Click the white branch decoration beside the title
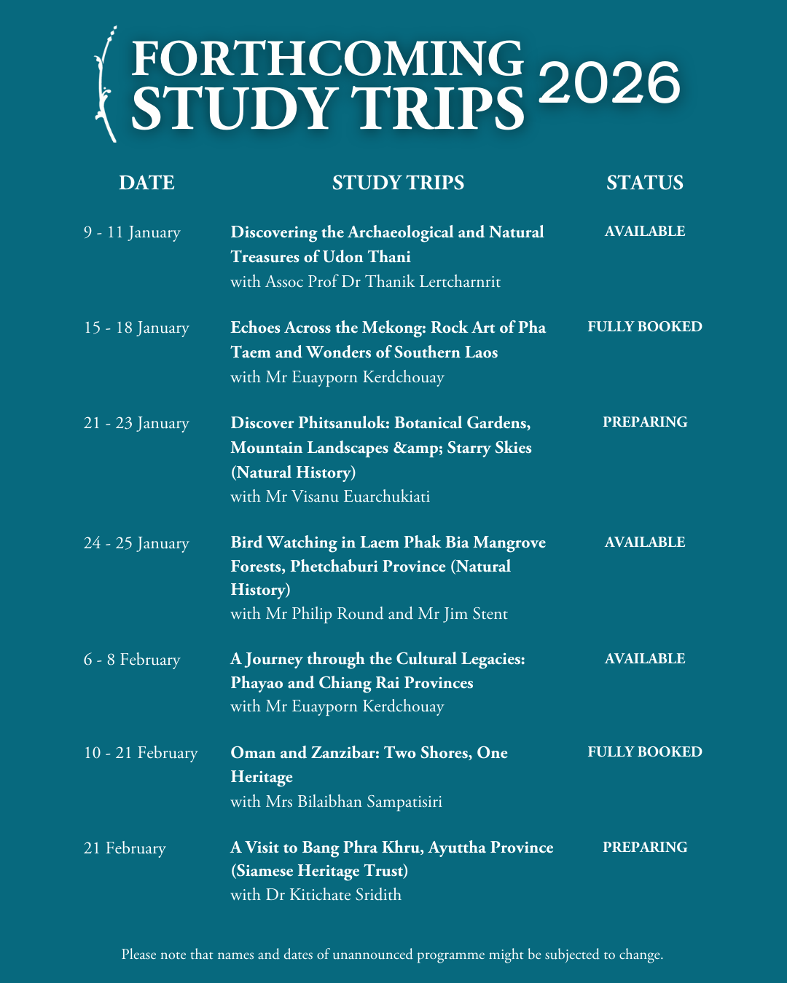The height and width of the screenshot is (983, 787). point(106,84)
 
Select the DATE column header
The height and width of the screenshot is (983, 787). point(146,182)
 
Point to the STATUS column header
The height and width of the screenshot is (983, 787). point(645,182)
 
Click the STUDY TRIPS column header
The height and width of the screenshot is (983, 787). point(398,182)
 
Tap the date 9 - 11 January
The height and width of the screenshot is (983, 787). point(132,232)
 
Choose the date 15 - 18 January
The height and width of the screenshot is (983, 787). point(136,328)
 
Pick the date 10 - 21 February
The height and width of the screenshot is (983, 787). point(141,753)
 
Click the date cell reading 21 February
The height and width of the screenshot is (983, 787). point(125,848)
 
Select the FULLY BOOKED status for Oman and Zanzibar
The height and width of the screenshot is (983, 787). point(645,752)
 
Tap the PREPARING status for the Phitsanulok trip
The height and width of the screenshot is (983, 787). point(645,422)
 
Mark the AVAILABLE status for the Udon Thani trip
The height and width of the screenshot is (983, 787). point(645,232)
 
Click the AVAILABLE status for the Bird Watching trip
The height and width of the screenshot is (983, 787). point(645,542)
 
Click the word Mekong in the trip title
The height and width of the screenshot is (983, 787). point(394,328)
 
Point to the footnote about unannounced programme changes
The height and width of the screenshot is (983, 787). point(392,955)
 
